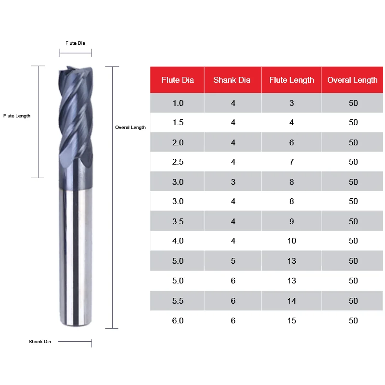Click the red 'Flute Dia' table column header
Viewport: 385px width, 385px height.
tap(178, 80)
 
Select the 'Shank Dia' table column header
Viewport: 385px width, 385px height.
tap(232, 80)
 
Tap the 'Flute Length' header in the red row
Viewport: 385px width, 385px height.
tap(292, 80)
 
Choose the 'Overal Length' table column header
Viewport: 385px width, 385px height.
tap(352, 80)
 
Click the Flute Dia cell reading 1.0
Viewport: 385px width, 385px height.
tap(178, 103)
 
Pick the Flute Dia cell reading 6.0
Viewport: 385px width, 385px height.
tap(178, 321)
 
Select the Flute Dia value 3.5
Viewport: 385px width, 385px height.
tap(178, 221)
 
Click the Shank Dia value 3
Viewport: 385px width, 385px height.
tap(233, 182)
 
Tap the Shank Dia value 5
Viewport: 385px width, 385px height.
tap(233, 261)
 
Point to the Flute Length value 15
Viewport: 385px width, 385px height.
tap(292, 321)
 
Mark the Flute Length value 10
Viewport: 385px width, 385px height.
tap(292, 241)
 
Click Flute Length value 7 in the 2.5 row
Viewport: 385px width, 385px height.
tap(292, 162)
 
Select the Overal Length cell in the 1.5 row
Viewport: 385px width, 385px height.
tap(353, 122)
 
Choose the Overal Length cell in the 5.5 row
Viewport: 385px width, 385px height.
tap(353, 301)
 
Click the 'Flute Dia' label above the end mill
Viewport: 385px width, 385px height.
tap(76, 43)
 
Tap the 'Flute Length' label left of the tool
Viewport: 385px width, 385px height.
tap(17, 116)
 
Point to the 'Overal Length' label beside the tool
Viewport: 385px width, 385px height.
tap(130, 128)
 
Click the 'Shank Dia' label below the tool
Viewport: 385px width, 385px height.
tap(39, 342)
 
